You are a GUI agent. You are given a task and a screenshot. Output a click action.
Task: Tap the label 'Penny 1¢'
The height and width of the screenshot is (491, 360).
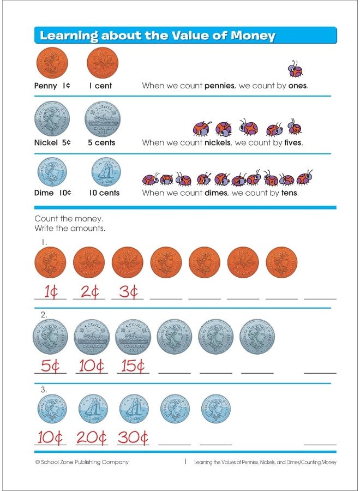(x=52, y=86)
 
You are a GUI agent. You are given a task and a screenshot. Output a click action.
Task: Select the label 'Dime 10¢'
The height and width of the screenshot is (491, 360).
(x=53, y=193)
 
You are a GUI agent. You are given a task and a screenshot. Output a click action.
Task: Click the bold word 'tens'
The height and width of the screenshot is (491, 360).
(x=288, y=193)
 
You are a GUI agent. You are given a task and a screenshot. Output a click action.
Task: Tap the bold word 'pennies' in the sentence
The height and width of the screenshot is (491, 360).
(x=219, y=86)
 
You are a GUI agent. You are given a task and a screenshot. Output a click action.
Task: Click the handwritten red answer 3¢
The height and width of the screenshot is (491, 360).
(x=128, y=292)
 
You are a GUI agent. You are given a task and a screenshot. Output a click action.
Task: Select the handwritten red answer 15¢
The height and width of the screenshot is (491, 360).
(x=131, y=367)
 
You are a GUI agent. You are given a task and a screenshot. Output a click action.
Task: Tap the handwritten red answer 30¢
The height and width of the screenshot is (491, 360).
(x=133, y=438)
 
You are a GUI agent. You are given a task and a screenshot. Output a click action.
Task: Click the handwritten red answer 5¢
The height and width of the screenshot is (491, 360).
(x=50, y=367)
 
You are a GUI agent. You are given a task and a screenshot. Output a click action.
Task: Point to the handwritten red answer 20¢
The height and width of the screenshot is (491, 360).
(x=91, y=438)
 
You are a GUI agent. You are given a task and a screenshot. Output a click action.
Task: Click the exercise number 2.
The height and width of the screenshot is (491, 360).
(x=44, y=315)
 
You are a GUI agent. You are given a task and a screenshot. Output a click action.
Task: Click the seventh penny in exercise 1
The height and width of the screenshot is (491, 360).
(x=281, y=262)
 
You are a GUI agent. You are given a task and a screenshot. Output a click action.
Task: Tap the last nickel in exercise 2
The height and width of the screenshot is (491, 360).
(x=257, y=337)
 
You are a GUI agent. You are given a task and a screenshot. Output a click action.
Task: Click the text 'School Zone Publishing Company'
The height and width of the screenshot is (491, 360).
(x=86, y=462)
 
